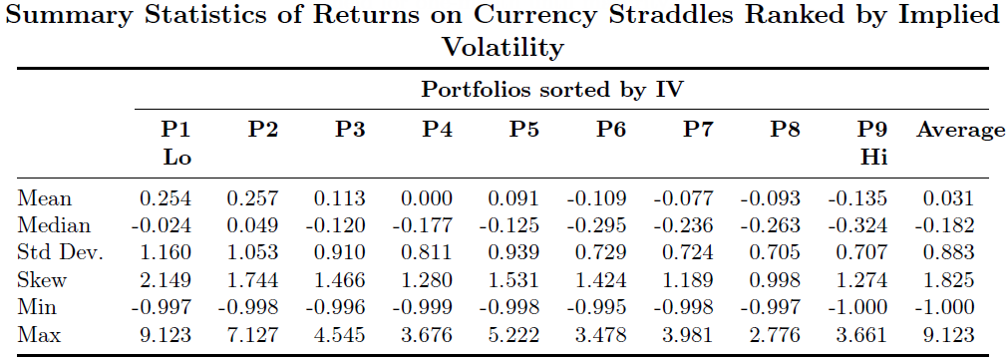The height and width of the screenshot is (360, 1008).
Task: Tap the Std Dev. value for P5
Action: pyautogui.click(x=514, y=253)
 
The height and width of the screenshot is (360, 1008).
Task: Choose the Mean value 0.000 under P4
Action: pyautogui.click(x=428, y=198)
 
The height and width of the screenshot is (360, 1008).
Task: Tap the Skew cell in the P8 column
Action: pyautogui.click(x=775, y=281)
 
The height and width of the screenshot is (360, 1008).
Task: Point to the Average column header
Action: pyautogui.click(x=960, y=131)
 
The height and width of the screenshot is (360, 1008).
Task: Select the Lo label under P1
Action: pyautogui.click(x=176, y=159)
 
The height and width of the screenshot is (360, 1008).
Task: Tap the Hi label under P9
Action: pyautogui.click(x=874, y=159)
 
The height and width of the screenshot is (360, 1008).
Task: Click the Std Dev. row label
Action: pyautogui.click(x=61, y=253)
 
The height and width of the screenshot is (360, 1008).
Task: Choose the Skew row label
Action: pyautogui.click(x=42, y=281)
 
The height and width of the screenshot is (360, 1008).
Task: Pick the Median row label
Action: pyautogui.click(x=54, y=225)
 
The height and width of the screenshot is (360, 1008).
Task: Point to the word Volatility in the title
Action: pyautogui.click(x=503, y=46)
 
